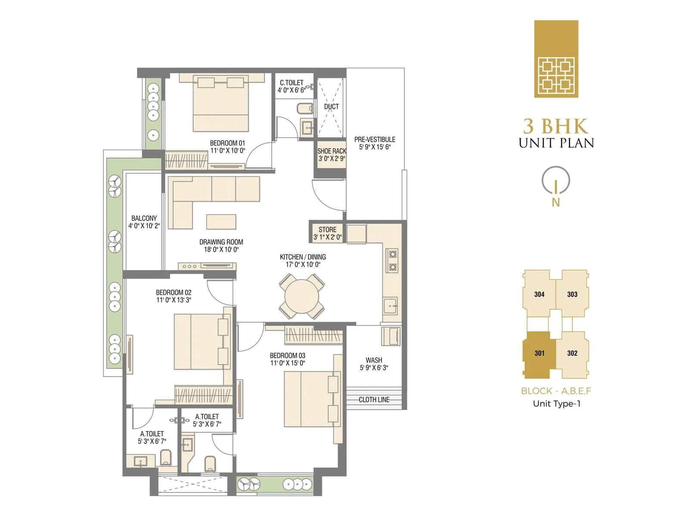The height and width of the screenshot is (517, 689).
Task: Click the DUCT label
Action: click(x=331, y=106)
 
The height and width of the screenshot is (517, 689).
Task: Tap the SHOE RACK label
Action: click(x=332, y=151)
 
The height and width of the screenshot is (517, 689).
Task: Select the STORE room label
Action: click(x=327, y=230)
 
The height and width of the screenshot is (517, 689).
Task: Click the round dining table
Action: click(x=301, y=297)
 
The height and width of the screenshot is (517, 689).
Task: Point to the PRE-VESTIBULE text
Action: click(x=375, y=140)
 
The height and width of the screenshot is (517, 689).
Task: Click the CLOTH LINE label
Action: click(x=374, y=400)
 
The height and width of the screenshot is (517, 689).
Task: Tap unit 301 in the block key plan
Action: click(x=539, y=353)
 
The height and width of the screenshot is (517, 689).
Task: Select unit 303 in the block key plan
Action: click(x=572, y=294)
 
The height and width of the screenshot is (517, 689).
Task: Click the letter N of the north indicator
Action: click(x=556, y=202)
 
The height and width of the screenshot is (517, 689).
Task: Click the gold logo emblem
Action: click(x=556, y=59)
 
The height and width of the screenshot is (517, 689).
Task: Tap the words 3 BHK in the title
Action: click(x=556, y=126)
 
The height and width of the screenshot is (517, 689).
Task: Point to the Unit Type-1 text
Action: click(x=556, y=404)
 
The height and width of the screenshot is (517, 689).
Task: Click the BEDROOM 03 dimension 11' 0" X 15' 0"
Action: click(x=287, y=363)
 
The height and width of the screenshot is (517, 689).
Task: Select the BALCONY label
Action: click(x=144, y=218)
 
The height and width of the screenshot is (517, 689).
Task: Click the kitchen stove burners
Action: click(x=393, y=261)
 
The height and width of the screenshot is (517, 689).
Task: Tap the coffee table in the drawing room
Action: click(x=221, y=221)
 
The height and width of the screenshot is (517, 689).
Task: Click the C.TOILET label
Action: click(x=292, y=83)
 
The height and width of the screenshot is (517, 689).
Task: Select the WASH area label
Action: click(x=374, y=360)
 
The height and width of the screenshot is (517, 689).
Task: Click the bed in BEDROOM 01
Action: click(x=220, y=106)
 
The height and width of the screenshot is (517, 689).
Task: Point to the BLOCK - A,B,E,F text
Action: click(x=556, y=391)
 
